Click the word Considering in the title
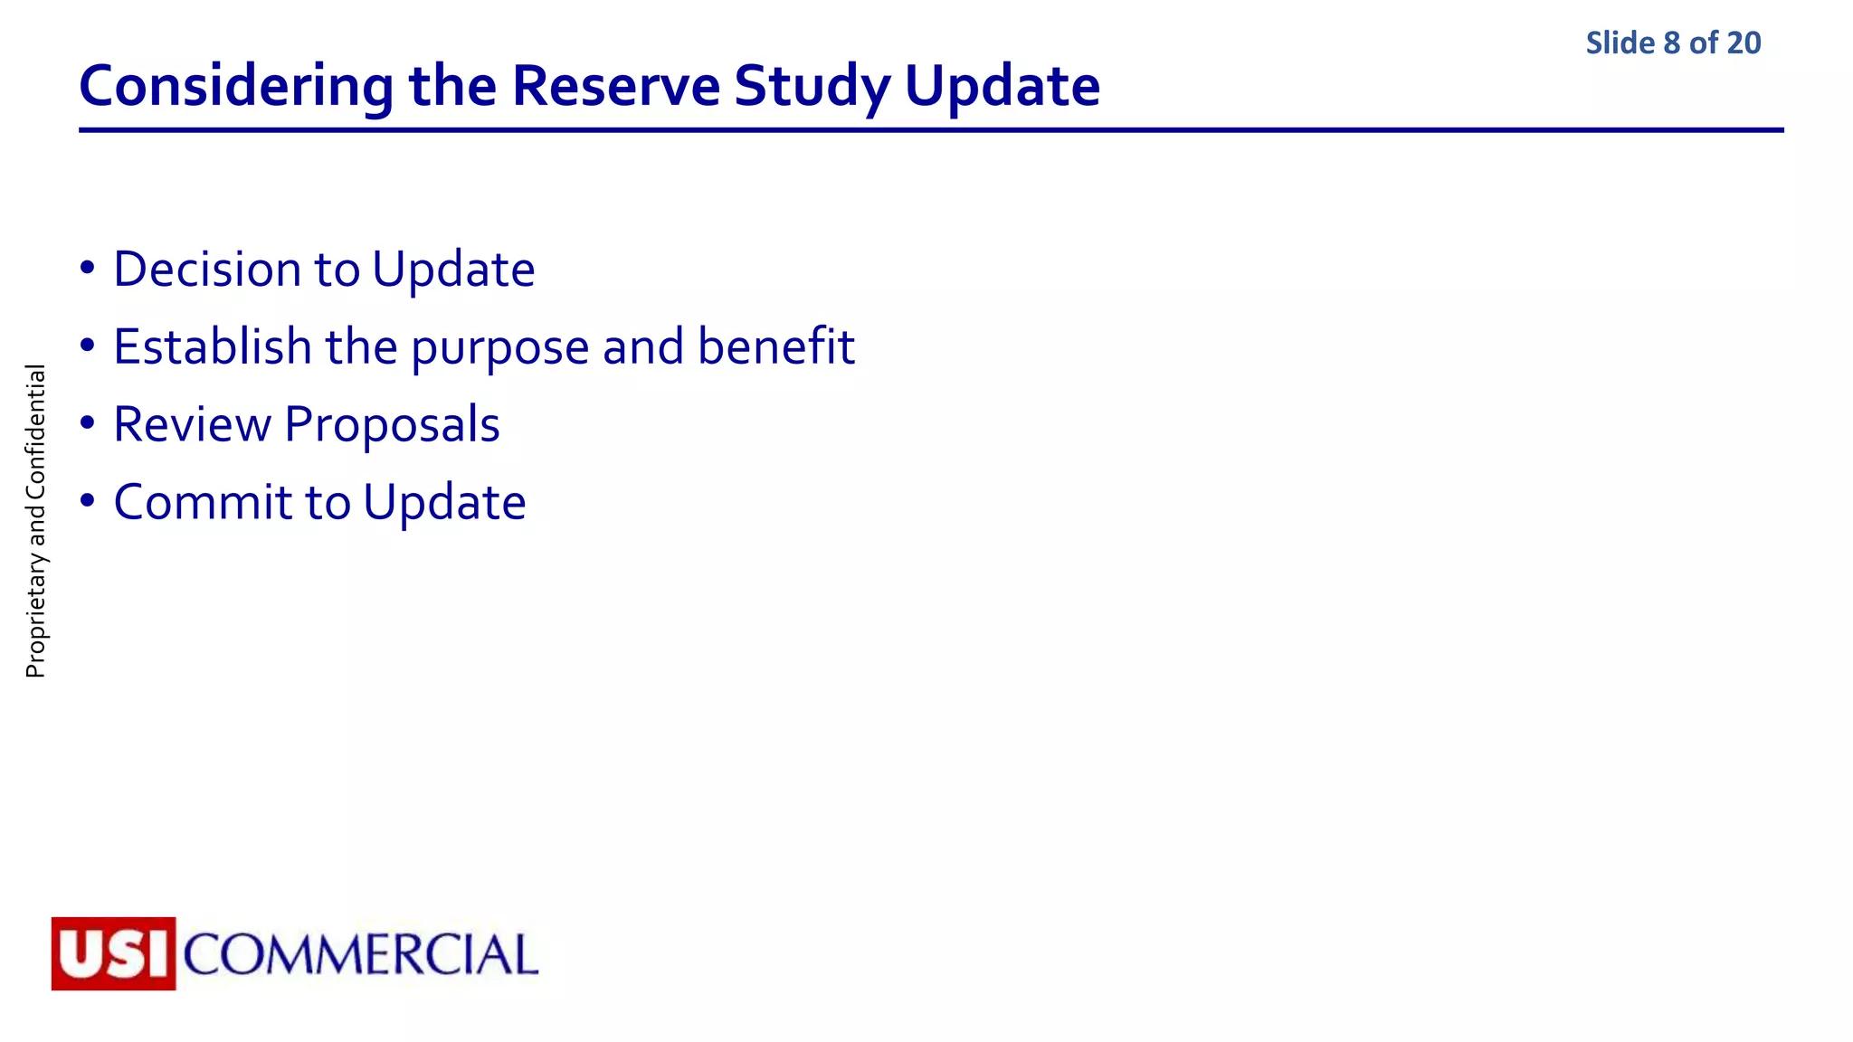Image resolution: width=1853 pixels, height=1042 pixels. pyautogui.click(x=236, y=87)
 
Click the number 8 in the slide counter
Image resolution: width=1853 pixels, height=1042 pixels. pyautogui.click(x=1671, y=43)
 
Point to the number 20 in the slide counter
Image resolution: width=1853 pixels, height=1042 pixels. pyautogui.click(x=1744, y=43)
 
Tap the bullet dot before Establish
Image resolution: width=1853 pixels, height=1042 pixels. pyautogui.click(x=87, y=346)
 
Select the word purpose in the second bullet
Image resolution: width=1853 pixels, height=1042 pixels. pyautogui.click(x=499, y=347)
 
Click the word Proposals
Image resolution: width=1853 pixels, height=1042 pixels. pyautogui.click(x=392, y=424)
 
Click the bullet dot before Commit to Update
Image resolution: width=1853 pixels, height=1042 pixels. pyautogui.click(x=87, y=501)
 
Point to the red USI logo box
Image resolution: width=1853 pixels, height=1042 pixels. pyautogui.click(x=113, y=953)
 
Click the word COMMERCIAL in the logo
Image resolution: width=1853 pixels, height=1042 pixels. pyautogui.click(x=361, y=955)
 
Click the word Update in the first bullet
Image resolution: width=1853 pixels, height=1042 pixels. pyautogui.click(x=453, y=270)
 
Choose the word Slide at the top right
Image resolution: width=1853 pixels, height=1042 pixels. pyautogui.click(x=1620, y=43)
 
